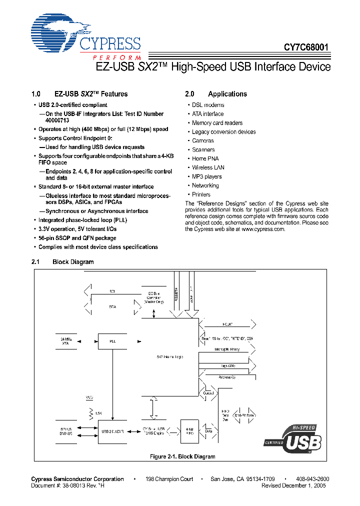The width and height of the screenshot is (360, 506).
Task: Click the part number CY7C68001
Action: [x=306, y=48]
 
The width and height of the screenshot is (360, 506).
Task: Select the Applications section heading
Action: [x=227, y=94]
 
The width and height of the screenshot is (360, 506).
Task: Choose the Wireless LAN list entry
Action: [x=208, y=167]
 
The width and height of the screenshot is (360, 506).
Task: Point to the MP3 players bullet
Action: [x=206, y=176]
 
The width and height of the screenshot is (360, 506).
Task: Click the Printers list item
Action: [x=201, y=194]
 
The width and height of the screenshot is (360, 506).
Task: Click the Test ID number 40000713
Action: [x=57, y=120]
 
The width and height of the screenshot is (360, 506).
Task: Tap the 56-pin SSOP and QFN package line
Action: [x=77, y=238]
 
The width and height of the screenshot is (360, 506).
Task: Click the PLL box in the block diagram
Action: [x=112, y=341]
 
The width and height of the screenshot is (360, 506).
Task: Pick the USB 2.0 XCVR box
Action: [x=112, y=431]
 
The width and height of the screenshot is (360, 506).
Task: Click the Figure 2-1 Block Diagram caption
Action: [x=182, y=456]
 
